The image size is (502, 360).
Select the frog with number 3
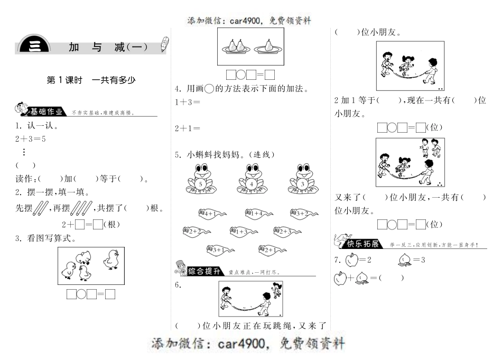click(302, 180)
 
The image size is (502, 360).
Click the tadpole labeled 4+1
click(211, 213)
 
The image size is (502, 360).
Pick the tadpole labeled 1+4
click(258, 213)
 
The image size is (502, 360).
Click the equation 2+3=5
click(31, 139)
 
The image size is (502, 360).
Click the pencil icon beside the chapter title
click(165, 44)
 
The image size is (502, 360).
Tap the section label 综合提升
click(204, 271)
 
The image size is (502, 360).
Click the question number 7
click(337, 260)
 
